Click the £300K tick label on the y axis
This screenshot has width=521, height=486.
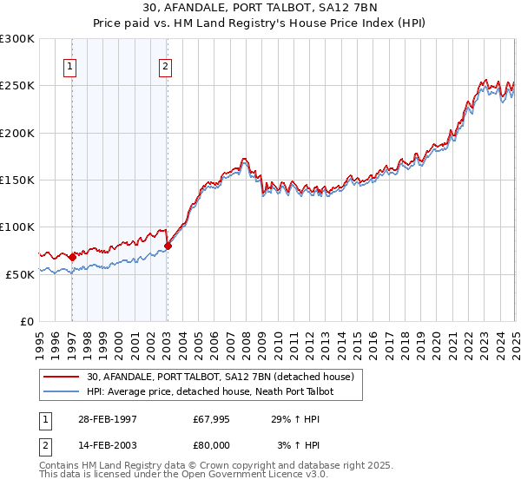[x=17, y=39]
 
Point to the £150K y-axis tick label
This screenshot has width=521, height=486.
[x=17, y=180]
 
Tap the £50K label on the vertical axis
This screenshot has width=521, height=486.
[x=20, y=274]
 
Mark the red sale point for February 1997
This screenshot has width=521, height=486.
[x=72, y=257]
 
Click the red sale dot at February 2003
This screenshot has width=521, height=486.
[x=168, y=246]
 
